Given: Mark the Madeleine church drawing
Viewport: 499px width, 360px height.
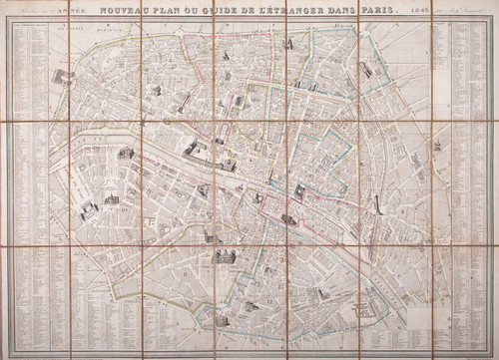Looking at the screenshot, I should point(156,91).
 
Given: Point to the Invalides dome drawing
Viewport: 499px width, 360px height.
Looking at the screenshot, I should point(125,153).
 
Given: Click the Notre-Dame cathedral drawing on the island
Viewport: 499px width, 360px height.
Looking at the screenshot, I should point(288,218).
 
